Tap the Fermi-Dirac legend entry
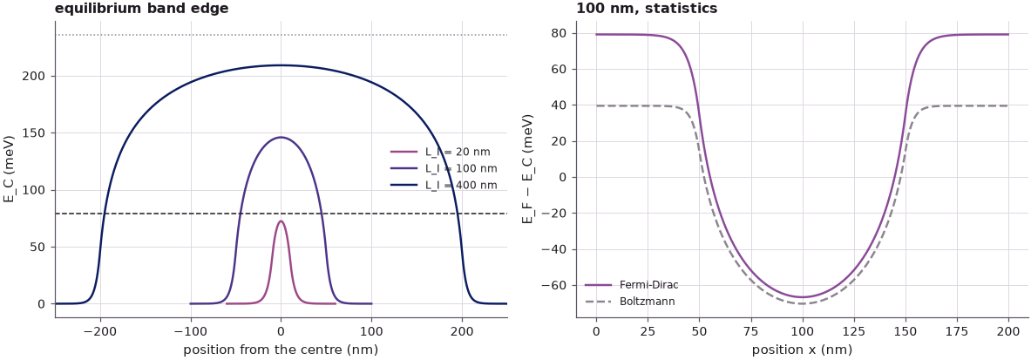(631, 285)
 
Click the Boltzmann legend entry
(629, 302)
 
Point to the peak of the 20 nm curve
(281, 221)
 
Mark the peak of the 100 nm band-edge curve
(281, 137)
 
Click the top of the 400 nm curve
(281, 65)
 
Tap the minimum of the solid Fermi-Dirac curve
(802, 297)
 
